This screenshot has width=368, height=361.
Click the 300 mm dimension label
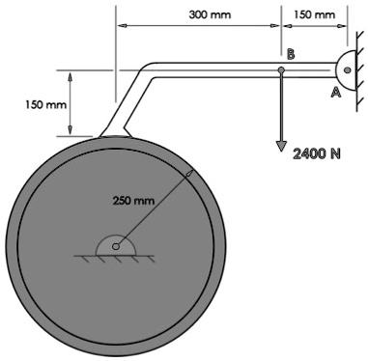click(211, 15)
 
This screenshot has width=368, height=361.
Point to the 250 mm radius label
click(132, 201)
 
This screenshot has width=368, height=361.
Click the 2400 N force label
click(319, 153)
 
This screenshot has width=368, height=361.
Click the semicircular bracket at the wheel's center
click(116, 241)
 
